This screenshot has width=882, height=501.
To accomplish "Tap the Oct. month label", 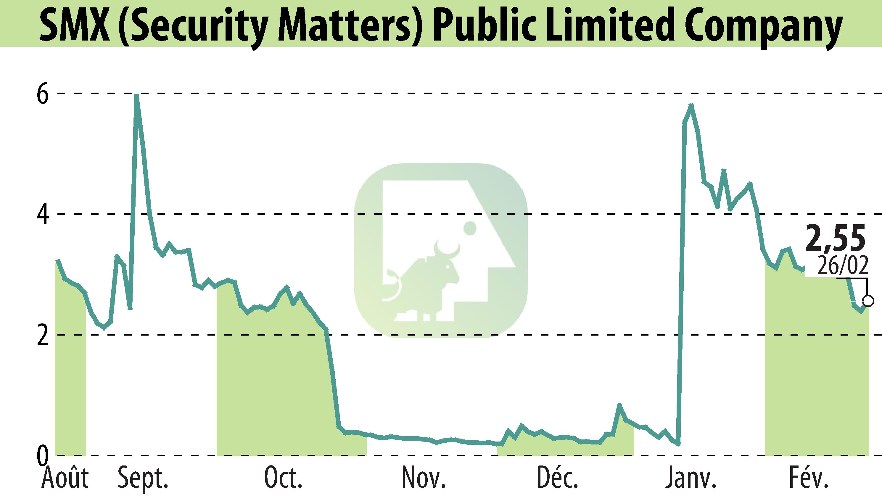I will point(283,478).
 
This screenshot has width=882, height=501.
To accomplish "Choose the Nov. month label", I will point(424,478).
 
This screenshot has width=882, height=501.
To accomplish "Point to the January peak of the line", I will point(691,105).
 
